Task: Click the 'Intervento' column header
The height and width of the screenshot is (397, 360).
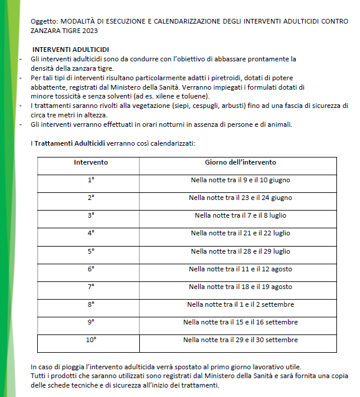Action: pos(91,162)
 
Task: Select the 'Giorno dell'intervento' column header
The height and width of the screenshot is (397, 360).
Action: pos(240,162)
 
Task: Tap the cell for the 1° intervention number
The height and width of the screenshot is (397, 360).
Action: pos(91,180)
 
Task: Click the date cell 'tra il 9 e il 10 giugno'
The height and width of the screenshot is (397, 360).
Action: pos(240,180)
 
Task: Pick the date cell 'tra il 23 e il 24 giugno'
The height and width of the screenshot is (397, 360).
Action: pos(240,198)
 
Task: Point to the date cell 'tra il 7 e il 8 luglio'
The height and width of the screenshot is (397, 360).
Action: pos(240,215)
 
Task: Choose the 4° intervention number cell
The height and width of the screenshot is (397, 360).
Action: pos(91,233)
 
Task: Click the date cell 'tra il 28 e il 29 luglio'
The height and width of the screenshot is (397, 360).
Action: pos(240,251)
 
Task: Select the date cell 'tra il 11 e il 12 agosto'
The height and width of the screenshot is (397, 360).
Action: pos(240,269)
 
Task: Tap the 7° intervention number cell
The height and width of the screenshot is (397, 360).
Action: pos(91,287)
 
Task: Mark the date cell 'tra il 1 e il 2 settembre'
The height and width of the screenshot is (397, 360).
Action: pos(240,304)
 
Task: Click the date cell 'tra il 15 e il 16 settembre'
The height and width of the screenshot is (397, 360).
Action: pos(240,322)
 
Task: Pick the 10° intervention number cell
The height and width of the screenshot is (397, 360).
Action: pos(91,340)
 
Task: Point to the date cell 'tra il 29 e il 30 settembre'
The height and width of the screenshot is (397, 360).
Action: pos(240,340)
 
